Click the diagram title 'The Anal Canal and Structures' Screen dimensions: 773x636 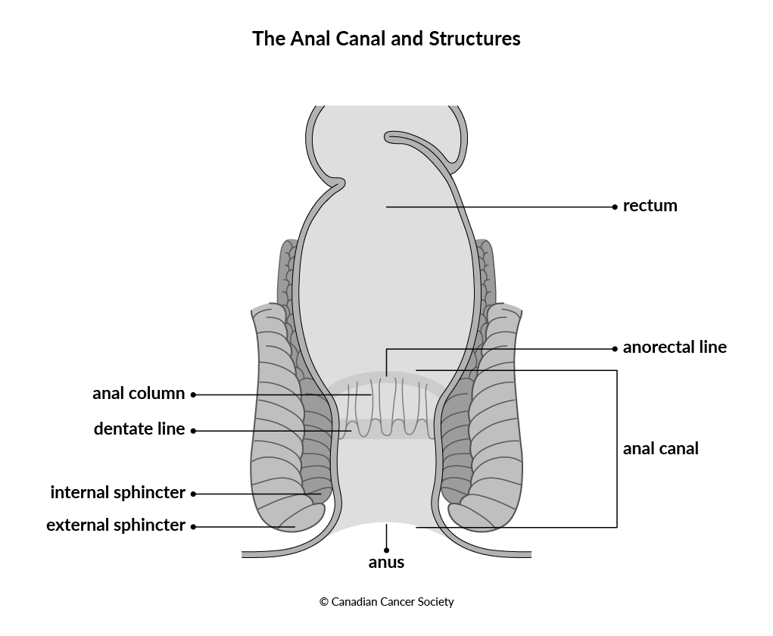click(386, 39)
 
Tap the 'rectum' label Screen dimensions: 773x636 click(650, 206)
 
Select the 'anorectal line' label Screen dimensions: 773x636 click(675, 347)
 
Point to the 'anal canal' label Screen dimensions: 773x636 click(661, 449)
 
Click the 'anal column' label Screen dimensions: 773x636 click(139, 394)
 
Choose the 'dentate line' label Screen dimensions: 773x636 click(139, 429)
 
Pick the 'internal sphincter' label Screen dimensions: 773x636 click(117, 493)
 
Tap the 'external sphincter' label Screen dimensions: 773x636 click(115, 525)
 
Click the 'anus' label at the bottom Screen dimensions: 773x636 click(386, 563)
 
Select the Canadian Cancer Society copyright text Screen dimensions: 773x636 click(386, 601)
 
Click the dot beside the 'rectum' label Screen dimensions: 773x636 click(615, 207)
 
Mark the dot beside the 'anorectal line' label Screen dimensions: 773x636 click(615, 349)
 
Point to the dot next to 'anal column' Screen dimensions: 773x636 click(193, 395)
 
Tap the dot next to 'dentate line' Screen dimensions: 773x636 click(193, 431)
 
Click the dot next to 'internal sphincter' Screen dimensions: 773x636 click(193, 494)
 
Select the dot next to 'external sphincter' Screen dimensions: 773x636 click(193, 527)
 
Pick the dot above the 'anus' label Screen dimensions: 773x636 click(386, 550)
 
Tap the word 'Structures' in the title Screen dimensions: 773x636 click(474, 39)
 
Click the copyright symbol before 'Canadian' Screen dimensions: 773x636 click(324, 602)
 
